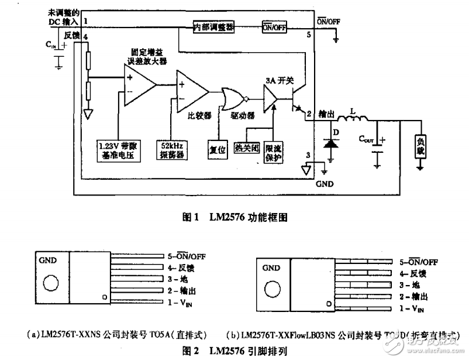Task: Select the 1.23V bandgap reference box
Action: [x=119, y=150]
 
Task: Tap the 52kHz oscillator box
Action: [x=170, y=150]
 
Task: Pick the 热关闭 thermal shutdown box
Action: [x=246, y=148]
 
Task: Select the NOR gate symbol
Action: [x=233, y=99]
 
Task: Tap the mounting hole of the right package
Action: [x=272, y=289]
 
